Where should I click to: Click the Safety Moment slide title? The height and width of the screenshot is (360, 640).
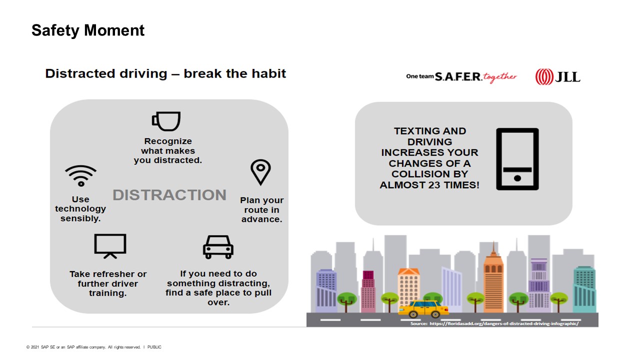pyautogui.click(x=88, y=30)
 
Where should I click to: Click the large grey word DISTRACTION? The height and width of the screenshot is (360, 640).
pyautogui.click(x=169, y=195)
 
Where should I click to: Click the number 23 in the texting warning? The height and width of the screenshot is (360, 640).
pyautogui.click(x=434, y=185)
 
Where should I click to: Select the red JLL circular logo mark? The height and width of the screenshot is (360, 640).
pyautogui.click(x=544, y=77)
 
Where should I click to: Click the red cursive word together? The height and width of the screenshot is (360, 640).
pyautogui.click(x=500, y=77)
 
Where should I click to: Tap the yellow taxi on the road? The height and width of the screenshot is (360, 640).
pyautogui.click(x=423, y=309)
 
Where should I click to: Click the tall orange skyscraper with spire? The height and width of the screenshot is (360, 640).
pyautogui.click(x=493, y=280)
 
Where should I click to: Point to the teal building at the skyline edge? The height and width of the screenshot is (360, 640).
pyautogui.click(x=584, y=289)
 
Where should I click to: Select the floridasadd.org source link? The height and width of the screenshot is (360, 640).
pyautogui.click(x=504, y=323)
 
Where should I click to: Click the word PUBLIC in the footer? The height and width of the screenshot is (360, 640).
pyautogui.click(x=154, y=347)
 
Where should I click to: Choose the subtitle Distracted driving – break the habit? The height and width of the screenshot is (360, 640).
pyautogui.click(x=165, y=73)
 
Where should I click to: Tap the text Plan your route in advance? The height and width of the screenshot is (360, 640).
pyautogui.click(x=261, y=209)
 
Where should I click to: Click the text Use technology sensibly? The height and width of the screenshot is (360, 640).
pyautogui.click(x=80, y=209)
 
